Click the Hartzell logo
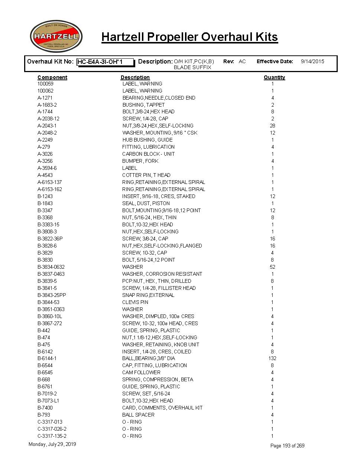coord(56,36)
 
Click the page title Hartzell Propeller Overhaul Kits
coord(189,37)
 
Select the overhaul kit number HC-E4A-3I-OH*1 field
coord(105,62)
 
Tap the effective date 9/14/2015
coord(312,61)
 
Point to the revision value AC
coord(242,61)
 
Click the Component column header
coord(52,77)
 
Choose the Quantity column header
coord(274,77)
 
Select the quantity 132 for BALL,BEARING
coord(272,358)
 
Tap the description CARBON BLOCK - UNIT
coord(148,154)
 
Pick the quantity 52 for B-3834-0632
coord(272,267)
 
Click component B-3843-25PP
coord(52,295)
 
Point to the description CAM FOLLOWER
coord(141,372)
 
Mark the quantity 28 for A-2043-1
coord(272,126)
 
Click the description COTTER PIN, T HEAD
coord(146,175)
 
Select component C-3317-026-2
coord(52,429)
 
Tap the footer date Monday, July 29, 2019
coord(52,444)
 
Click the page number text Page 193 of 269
coord(287,446)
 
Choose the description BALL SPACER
coord(138,415)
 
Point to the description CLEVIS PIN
coord(135,302)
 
